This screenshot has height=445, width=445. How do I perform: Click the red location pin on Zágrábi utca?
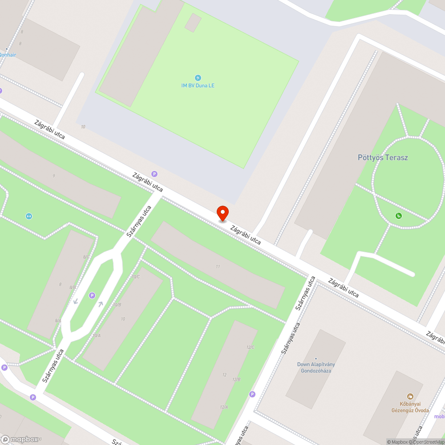point(222,213)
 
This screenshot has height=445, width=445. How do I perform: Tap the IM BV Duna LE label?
point(198,85)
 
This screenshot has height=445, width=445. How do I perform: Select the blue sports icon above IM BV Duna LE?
point(198,78)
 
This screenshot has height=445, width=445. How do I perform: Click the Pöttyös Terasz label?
point(383,157)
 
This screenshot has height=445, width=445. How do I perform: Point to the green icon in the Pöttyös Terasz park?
point(398,216)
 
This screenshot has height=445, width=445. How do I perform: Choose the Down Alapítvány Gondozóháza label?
point(316,367)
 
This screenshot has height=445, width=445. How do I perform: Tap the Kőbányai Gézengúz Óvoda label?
point(410,407)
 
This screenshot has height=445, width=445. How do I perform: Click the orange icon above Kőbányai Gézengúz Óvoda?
point(410,396)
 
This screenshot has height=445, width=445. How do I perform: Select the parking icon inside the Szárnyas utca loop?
point(92,295)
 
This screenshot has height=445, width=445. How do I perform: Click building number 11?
point(218,267)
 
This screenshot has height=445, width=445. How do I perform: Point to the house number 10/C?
point(135,277)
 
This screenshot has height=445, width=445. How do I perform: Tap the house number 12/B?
point(236,379)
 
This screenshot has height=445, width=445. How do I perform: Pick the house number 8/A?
point(58,320)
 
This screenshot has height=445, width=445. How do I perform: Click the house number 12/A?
point(224,407)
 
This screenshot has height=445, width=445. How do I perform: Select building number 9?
point(54,176)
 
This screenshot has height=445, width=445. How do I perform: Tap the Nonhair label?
point(8,55)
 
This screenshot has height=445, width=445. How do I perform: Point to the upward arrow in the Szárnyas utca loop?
point(101,304)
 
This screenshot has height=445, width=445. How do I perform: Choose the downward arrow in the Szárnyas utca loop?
point(76,301)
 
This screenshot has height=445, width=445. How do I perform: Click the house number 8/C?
point(86,257)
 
